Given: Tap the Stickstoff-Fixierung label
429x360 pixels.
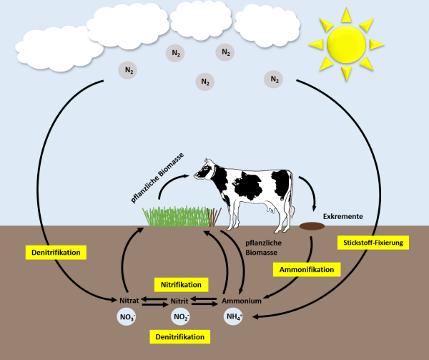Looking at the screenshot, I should point(373,243).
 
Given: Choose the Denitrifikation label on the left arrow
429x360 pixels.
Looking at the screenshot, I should point(61,252).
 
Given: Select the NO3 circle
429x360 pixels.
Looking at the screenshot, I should point(126,316).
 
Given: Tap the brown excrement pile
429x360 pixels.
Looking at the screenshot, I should point(311,226).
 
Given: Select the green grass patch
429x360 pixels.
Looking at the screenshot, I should point(175,216).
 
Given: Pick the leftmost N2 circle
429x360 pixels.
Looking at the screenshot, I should point(129,69).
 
